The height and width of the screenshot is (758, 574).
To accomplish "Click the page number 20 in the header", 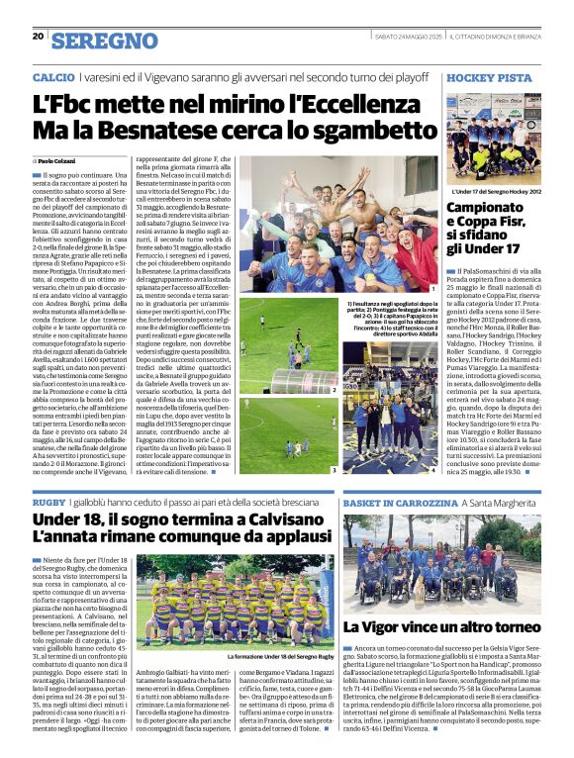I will tap(38, 37).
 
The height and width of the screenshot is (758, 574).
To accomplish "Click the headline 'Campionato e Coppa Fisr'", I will tap(491, 227).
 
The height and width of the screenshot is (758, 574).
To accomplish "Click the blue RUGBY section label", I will tap(48, 505).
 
